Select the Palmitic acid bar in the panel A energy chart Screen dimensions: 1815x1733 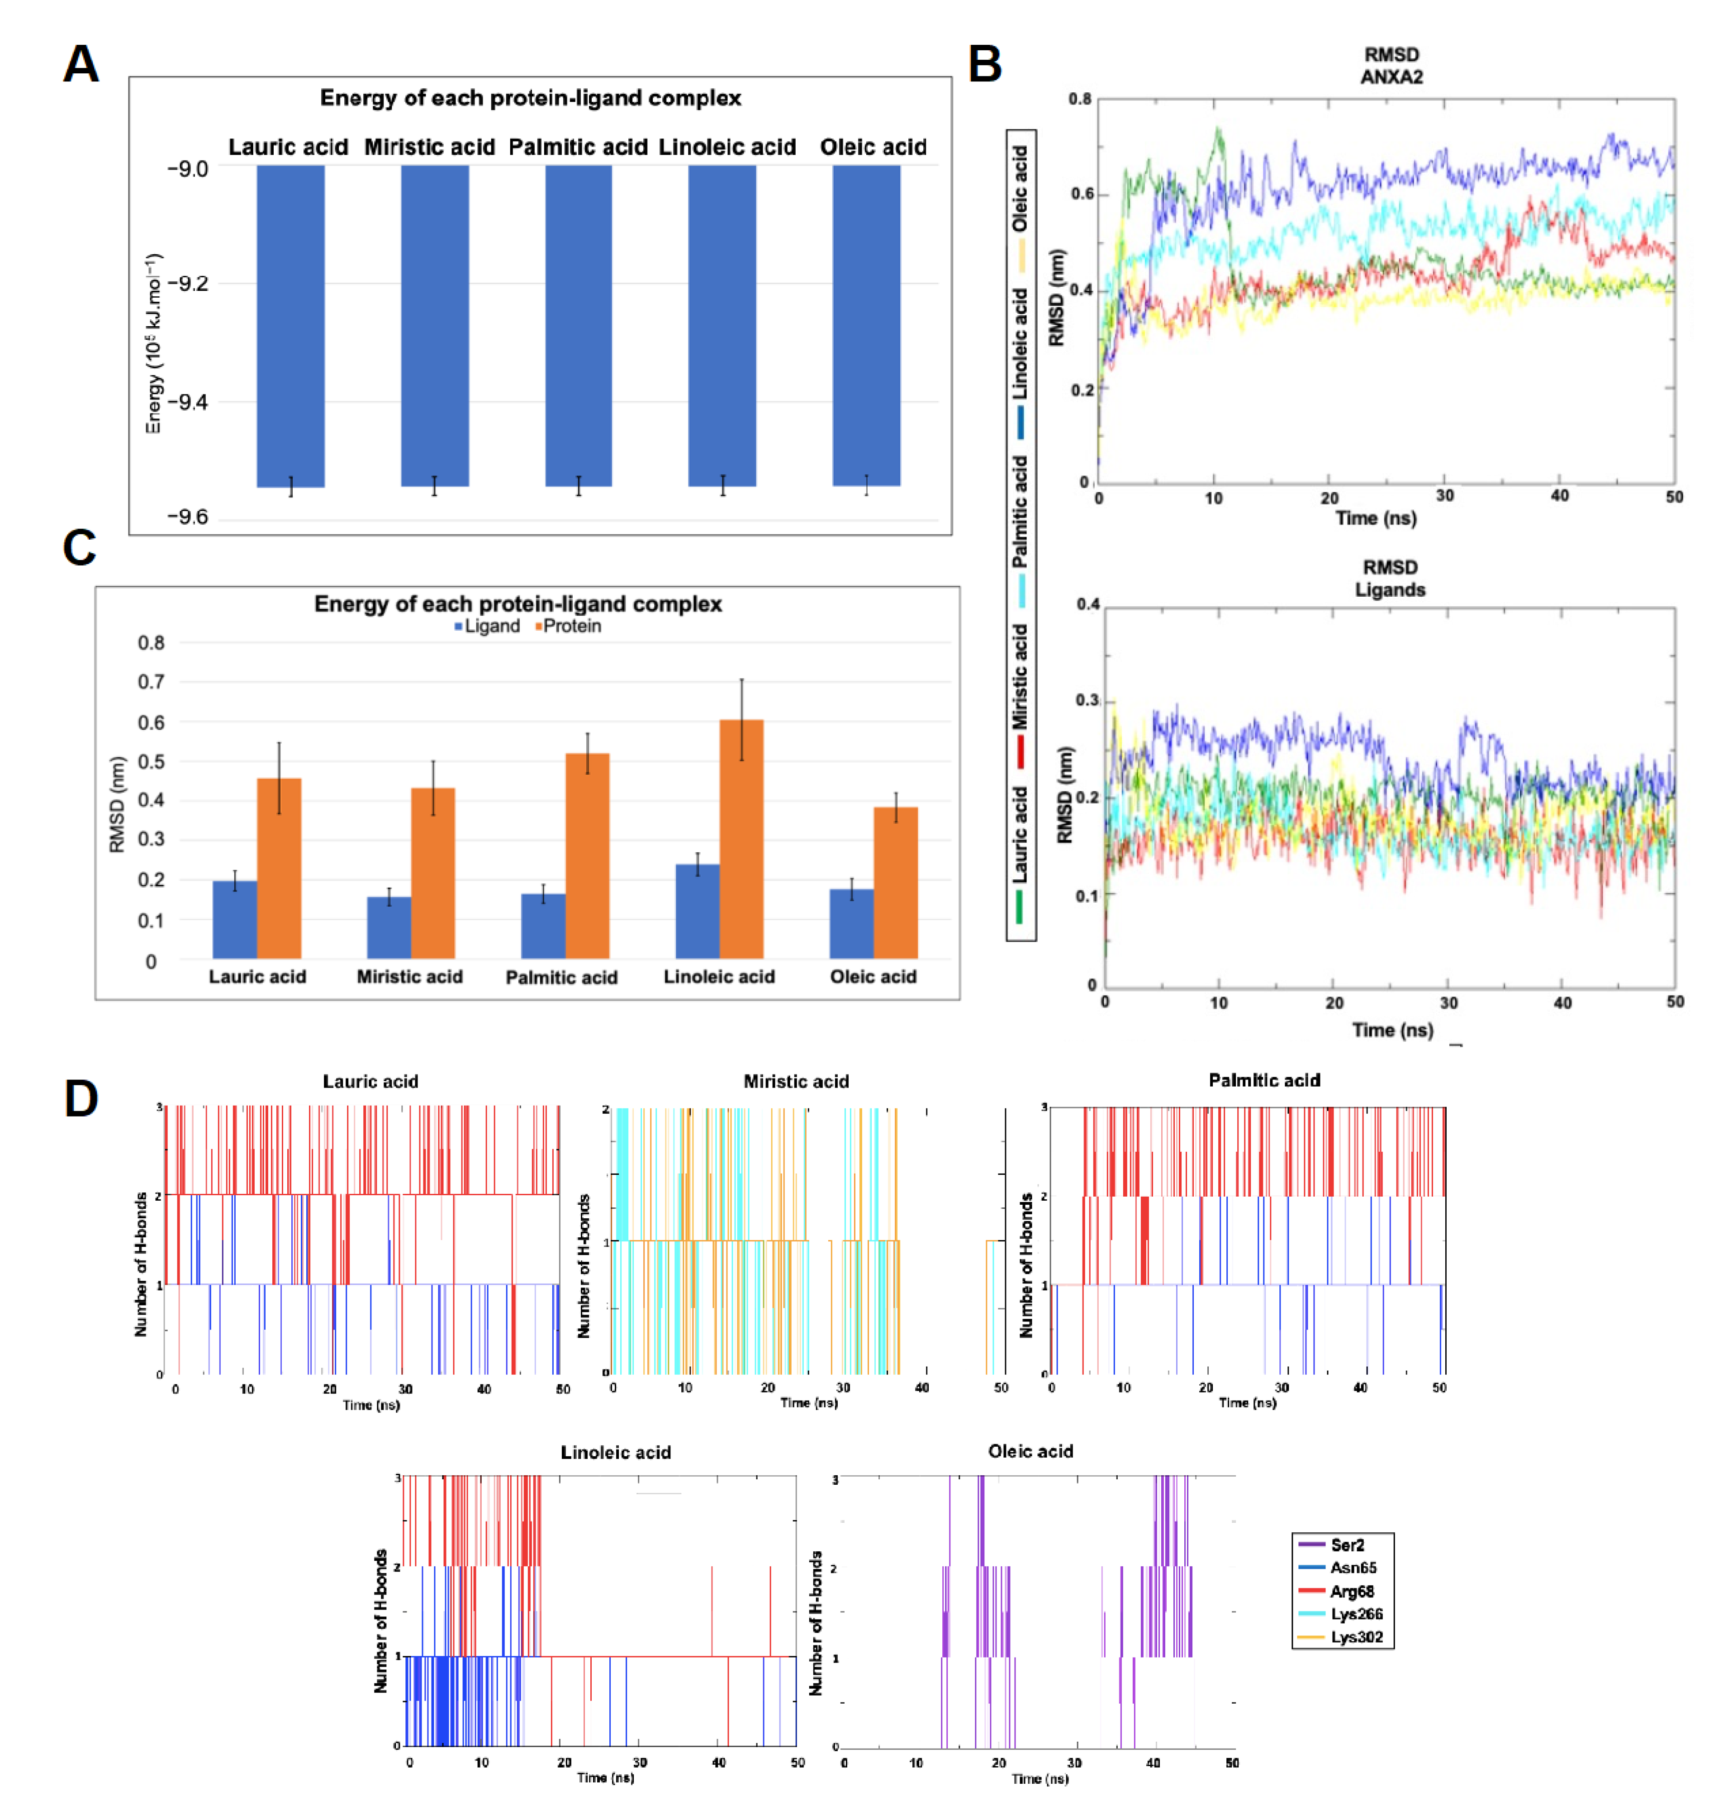tap(578, 325)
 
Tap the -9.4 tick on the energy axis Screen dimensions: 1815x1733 tap(188, 402)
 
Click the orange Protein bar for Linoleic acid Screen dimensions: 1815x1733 tap(741, 839)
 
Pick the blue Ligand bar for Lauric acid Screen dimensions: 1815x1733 tap(235, 919)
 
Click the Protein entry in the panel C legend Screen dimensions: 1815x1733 tap(569, 626)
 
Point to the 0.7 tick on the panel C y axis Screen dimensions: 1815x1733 tap(152, 682)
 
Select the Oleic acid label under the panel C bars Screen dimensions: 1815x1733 tap(873, 976)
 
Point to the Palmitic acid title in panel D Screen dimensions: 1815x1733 tap(1264, 1080)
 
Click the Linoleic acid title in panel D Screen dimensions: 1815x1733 tap(615, 1452)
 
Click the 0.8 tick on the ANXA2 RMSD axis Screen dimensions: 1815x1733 tap(1080, 99)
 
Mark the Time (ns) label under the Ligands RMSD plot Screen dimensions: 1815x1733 tap(1392, 1030)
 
